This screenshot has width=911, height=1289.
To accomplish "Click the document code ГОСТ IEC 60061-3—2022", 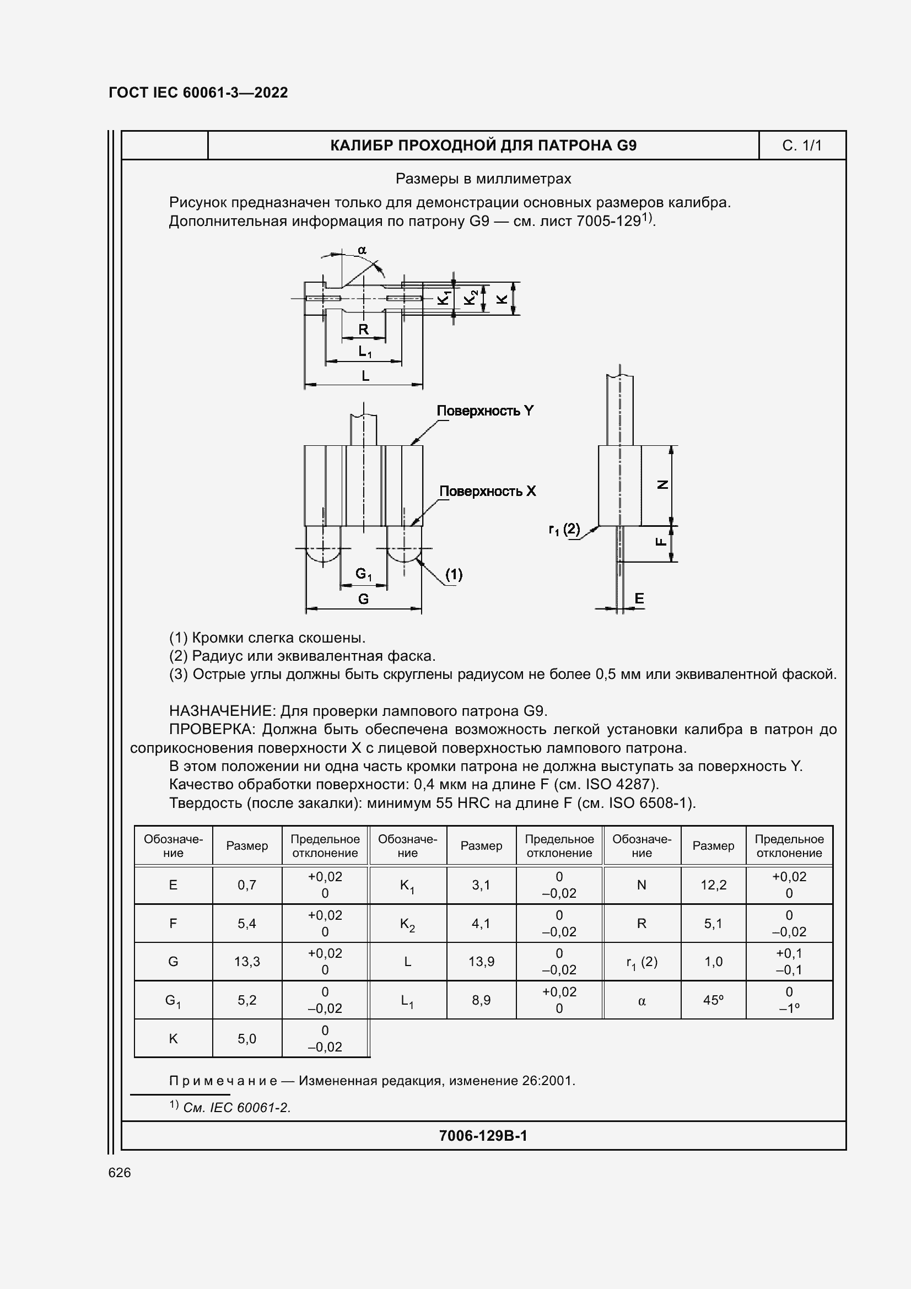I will (x=198, y=93).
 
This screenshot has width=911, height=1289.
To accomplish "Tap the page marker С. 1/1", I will (x=801, y=146).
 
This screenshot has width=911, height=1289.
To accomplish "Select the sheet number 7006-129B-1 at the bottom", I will (x=483, y=1136).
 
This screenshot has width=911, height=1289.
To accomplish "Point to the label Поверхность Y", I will (x=485, y=411).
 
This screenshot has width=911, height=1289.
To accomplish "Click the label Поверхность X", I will (x=487, y=491).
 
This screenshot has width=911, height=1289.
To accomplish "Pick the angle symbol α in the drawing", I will (x=362, y=250).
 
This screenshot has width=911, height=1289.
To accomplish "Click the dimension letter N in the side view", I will (x=662, y=484).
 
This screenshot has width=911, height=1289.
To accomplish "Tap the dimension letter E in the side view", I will (x=639, y=598).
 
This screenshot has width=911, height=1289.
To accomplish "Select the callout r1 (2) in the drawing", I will (x=564, y=529).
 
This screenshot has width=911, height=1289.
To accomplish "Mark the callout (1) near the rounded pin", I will (x=454, y=574).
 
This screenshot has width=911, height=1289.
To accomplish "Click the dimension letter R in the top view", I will (x=363, y=330).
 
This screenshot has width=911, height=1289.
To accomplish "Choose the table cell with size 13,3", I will (x=247, y=962).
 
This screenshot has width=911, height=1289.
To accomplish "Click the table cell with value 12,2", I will (x=713, y=885).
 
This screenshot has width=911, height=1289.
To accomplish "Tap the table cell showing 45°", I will (x=713, y=1000).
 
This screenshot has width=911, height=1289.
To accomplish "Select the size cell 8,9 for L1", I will (x=481, y=1000).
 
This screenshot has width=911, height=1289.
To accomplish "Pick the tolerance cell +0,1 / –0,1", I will (x=789, y=962).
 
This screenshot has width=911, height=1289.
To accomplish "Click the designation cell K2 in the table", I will (x=407, y=924).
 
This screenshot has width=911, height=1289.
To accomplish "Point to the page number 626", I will (x=120, y=1172).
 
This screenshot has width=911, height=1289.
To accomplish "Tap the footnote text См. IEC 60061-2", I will (x=236, y=1108).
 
